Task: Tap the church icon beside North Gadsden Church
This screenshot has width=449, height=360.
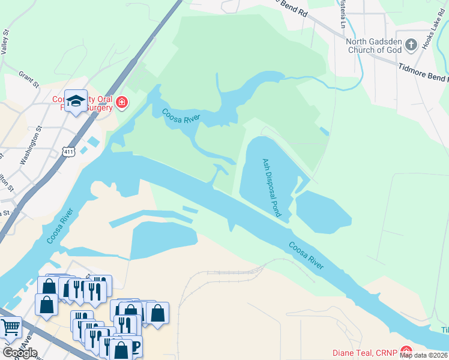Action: [x=411, y=44]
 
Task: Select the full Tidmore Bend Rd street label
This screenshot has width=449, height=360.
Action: [x=423, y=73]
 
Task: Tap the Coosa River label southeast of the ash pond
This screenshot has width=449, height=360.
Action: [x=306, y=254]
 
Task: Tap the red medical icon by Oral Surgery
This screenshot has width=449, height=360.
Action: [x=121, y=103]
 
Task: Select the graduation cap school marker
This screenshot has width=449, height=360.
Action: [x=76, y=101]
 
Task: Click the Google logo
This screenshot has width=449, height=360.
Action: [x=20, y=353]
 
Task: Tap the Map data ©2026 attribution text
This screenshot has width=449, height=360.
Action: [x=423, y=355]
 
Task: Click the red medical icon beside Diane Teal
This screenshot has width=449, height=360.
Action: [x=407, y=351]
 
